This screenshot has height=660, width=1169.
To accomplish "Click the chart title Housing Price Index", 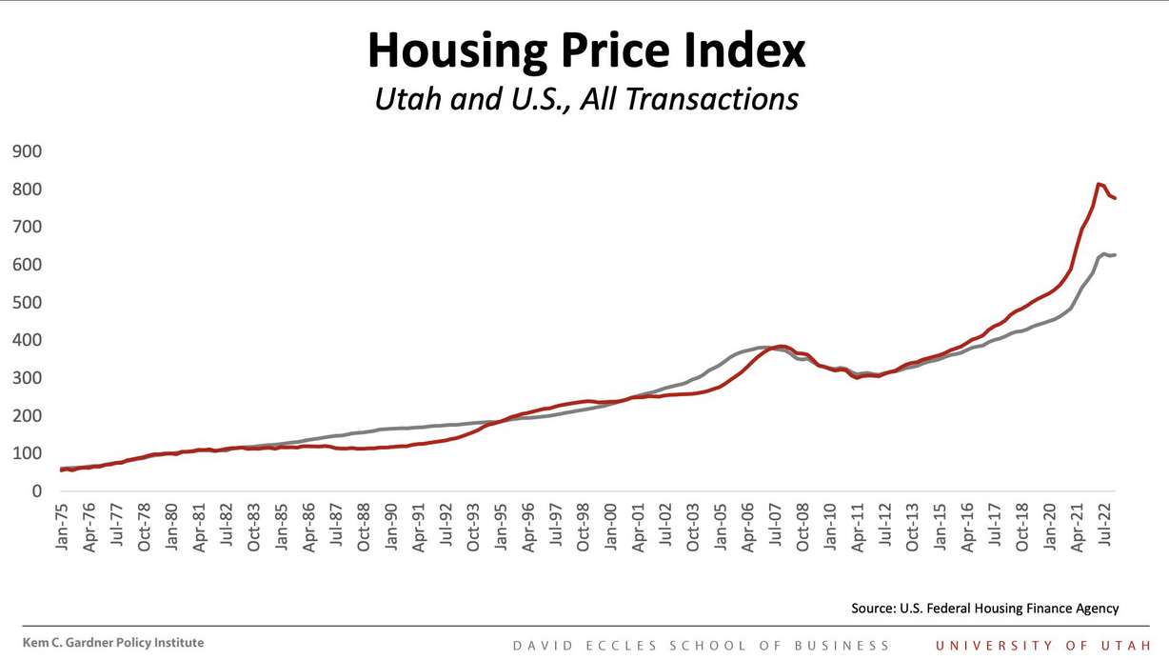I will coord(585,50).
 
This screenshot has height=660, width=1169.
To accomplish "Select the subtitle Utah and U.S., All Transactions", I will coord(585,98).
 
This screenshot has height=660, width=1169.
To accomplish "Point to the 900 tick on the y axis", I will coord(28,151).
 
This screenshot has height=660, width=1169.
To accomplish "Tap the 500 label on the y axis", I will coord(28,303).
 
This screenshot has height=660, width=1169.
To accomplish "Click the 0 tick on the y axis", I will coord(36,491).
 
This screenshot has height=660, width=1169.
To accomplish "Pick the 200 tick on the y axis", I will coord(28,416).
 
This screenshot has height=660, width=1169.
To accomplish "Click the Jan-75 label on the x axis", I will coord(63,526).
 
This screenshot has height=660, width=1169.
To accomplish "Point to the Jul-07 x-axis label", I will coord(776,526).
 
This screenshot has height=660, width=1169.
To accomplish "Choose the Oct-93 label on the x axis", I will coord(474,526).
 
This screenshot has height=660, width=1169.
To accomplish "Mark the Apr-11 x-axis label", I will coord(859,526).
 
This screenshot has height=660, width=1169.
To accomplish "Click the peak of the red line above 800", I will coord(1099,184).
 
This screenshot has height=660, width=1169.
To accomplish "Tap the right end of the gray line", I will coord(1115,255).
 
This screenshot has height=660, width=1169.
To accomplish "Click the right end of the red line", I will coord(1115,198).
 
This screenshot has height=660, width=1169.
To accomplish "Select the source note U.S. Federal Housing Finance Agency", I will coord(985,609).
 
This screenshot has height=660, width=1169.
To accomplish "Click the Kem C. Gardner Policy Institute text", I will coord(113,643).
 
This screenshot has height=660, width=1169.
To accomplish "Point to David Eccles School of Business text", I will coord(701,645).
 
